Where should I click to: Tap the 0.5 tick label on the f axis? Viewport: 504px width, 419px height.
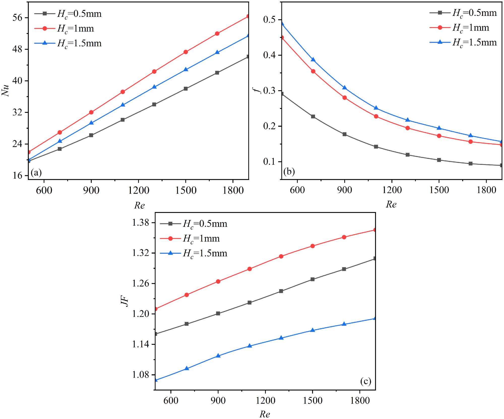pos(269,20)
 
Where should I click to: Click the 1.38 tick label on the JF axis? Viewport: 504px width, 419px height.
pos(140,223)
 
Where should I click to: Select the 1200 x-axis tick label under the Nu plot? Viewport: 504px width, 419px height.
pos(138,190)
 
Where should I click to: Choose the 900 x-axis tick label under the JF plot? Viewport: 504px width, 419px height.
pos(218,400)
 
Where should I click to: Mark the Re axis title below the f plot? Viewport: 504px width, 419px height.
pos(391,204)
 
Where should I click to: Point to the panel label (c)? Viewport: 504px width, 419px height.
pos(366,381)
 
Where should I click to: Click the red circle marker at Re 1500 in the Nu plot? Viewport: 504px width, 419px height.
pos(186,52)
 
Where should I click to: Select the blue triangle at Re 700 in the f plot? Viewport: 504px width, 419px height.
pos(313,60)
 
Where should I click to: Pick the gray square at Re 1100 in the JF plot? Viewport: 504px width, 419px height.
pos(249,303)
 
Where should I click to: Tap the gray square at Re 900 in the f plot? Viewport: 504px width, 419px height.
pos(344,134)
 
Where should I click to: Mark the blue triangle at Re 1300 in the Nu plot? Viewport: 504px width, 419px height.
pos(154,87)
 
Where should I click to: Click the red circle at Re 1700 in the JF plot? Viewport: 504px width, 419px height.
pos(344,237)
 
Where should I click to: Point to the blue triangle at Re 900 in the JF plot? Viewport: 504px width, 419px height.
pos(218,356)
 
